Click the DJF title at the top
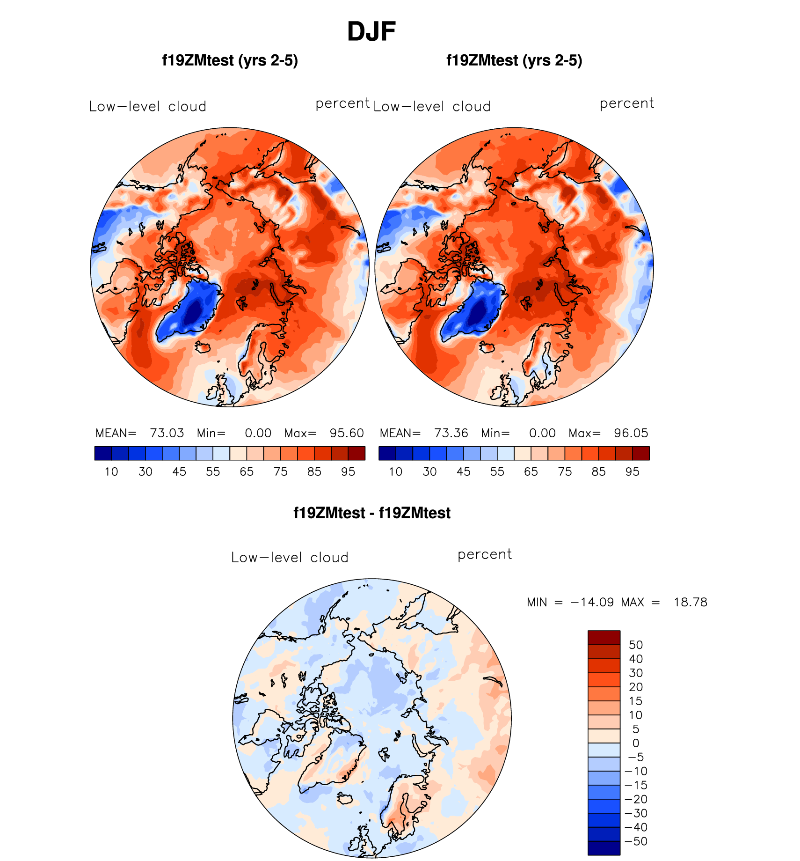tap(371, 32)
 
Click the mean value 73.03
tap(167, 433)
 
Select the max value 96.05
tap(631, 433)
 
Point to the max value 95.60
tap(347, 433)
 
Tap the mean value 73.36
tap(451, 433)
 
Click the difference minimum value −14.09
tap(592, 602)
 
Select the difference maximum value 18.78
tap(690, 602)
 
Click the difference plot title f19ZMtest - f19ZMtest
tap(371, 513)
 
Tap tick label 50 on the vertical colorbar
tap(636, 645)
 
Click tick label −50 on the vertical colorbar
tap(636, 841)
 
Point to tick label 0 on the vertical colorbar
tap(636, 743)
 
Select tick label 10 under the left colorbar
tap(111, 471)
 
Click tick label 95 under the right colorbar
tap(632, 471)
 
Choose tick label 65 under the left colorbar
tap(247, 471)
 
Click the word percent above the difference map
tap(484, 554)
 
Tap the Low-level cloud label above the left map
tap(147, 107)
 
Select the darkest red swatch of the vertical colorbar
tap(604, 638)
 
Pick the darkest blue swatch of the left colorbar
tap(103, 453)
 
